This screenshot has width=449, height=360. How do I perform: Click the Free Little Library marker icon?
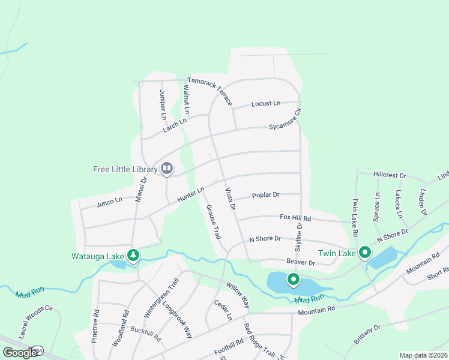[x=167, y=169]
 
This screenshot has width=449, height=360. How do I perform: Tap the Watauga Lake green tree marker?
[x=133, y=256]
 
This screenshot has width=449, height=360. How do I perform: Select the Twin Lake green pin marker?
[x=364, y=253]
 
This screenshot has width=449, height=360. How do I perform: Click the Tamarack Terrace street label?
[x=209, y=90]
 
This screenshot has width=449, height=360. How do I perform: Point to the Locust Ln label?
[x=266, y=104]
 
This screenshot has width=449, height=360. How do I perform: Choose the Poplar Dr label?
[x=266, y=195]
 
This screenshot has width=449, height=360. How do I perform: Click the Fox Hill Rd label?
[x=295, y=218]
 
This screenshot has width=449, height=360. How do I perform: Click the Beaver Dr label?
[x=301, y=263]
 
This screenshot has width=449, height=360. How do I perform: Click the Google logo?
[x=19, y=353]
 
